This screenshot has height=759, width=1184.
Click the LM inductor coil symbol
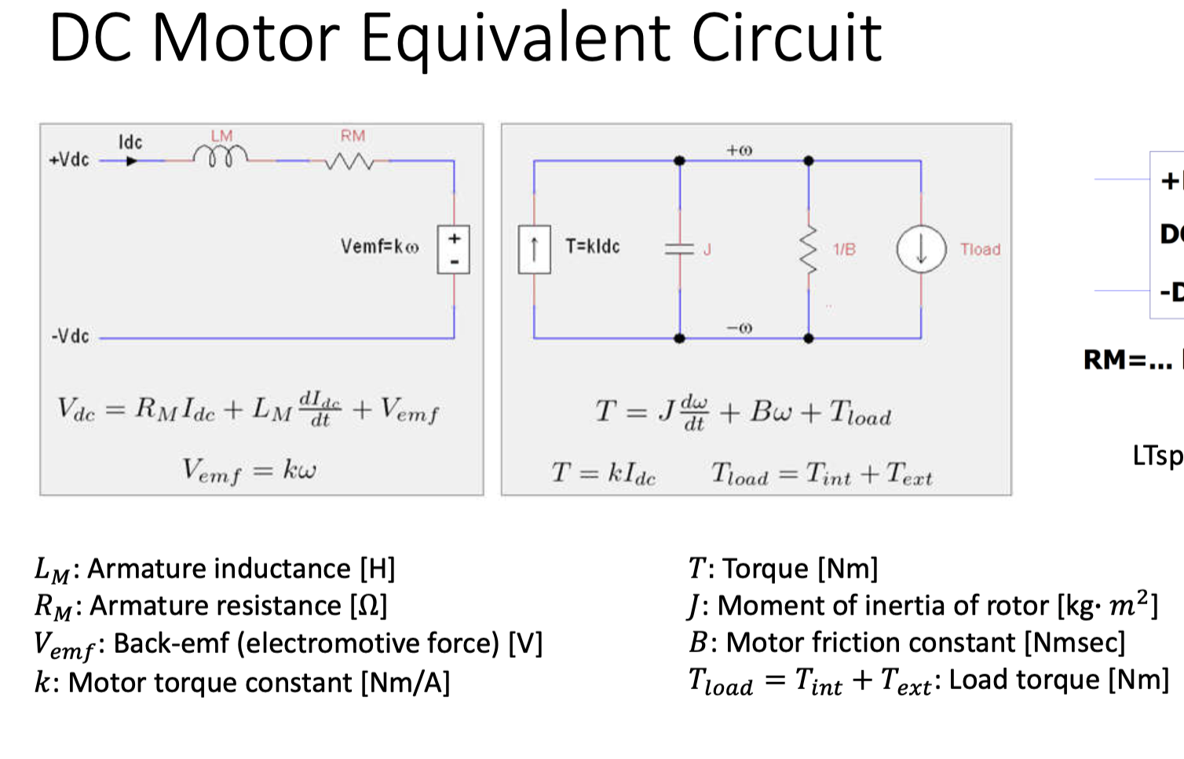pyautogui.click(x=221, y=157)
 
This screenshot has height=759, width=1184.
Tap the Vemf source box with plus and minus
pyautogui.click(x=454, y=250)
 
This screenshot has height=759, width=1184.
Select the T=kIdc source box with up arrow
pyautogui.click(x=534, y=249)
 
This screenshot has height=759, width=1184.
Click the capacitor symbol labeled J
pyautogui.click(x=680, y=249)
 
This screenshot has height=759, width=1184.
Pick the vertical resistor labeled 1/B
pyautogui.click(x=809, y=250)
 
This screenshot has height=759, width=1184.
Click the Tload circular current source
pyautogui.click(x=921, y=249)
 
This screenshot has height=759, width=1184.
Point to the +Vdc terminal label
pyautogui.click(x=69, y=159)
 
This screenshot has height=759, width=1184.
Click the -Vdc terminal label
pyautogui.click(x=71, y=336)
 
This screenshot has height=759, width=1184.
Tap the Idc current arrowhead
pyautogui.click(x=132, y=161)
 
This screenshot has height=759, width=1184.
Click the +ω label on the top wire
pyautogui.click(x=739, y=149)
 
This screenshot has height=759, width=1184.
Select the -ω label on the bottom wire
pyautogui.click(x=739, y=327)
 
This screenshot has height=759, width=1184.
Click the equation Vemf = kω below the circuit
pyautogui.click(x=249, y=470)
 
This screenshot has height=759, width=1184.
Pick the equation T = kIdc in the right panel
pyautogui.click(x=603, y=473)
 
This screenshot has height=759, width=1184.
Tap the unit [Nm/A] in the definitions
pyautogui.click(x=405, y=682)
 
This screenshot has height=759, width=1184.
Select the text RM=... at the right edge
pyautogui.click(x=1127, y=360)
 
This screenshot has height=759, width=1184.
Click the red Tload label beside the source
pyautogui.click(x=980, y=249)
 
